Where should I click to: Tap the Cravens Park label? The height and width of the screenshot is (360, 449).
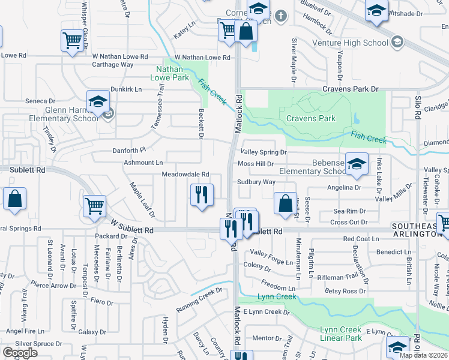point(310,118)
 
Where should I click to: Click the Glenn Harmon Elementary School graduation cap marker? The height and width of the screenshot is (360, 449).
point(98,103)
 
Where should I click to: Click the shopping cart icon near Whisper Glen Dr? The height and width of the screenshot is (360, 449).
point(72,41)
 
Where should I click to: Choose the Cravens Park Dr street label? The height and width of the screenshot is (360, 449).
point(351,89)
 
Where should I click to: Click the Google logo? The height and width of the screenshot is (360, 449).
point(20,353)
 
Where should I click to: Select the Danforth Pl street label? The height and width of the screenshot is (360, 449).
point(129,151)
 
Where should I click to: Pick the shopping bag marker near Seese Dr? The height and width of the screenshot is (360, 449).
point(286,203)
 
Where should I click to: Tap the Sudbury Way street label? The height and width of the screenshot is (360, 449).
point(256,182)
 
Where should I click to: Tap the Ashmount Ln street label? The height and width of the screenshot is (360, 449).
point(143,163)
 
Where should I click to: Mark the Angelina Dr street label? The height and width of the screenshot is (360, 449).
point(340,187)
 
